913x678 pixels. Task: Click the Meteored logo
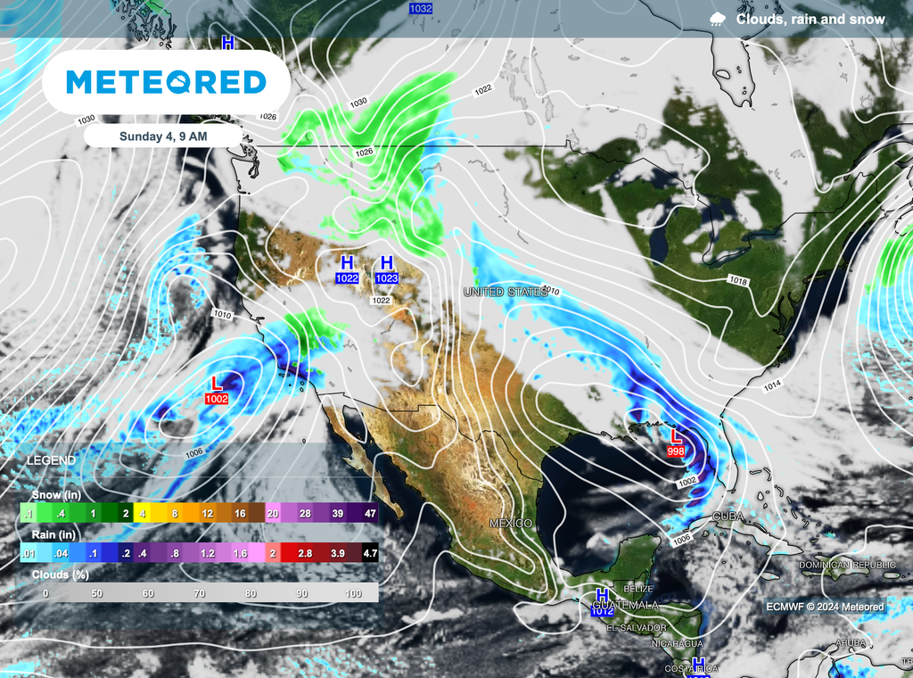tap(166, 82)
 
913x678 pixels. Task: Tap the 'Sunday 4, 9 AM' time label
tap(164, 136)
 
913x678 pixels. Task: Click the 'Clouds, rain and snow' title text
tap(810, 20)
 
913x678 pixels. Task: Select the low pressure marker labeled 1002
tap(216, 391)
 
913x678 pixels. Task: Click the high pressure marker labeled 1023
tap(386, 269)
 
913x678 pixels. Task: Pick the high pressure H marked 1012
tap(603, 602)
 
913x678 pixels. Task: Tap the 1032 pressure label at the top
tap(421, 8)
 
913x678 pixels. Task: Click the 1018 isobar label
tap(737, 281)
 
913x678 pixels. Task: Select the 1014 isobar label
tap(773, 385)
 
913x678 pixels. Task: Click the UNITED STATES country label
tap(506, 292)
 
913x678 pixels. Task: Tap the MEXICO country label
tap(511, 523)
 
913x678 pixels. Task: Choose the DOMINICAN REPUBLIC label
tap(846, 565)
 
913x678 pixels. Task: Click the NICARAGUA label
tap(677, 643)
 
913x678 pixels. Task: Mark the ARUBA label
tap(851, 642)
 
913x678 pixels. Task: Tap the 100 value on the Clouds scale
tap(353, 593)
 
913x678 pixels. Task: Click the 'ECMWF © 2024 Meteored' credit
tap(825, 607)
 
